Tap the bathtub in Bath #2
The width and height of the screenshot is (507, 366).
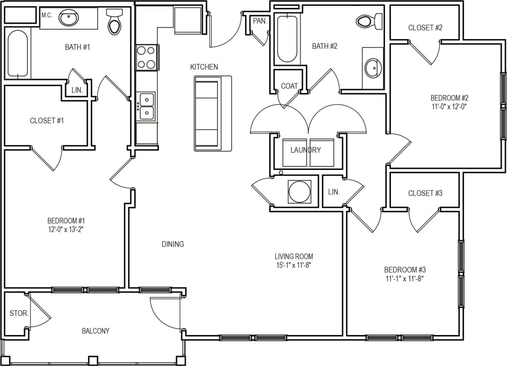coord(287,39)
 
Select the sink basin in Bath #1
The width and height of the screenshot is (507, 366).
coord(69,18)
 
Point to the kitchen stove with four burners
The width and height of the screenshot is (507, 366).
coord(146,57)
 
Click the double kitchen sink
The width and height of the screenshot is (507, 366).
coord(146,106)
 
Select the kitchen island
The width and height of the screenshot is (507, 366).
coord(213,113)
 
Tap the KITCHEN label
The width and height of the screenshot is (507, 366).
coord(204,67)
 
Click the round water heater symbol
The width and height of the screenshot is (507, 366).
coord(299,191)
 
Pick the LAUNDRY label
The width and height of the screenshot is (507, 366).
coord(305,150)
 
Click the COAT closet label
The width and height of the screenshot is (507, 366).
coord(289,86)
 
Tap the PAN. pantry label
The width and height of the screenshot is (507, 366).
coord(259,21)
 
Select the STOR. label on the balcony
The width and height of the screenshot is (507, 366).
coord(19,313)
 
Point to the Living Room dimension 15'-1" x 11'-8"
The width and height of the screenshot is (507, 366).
coord(294,265)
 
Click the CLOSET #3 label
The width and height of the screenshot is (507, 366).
coord(425,193)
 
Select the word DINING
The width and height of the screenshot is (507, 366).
coord(173,244)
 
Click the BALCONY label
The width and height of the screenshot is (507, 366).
coord(96,331)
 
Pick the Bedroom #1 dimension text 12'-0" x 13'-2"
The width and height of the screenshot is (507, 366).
coord(66,229)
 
